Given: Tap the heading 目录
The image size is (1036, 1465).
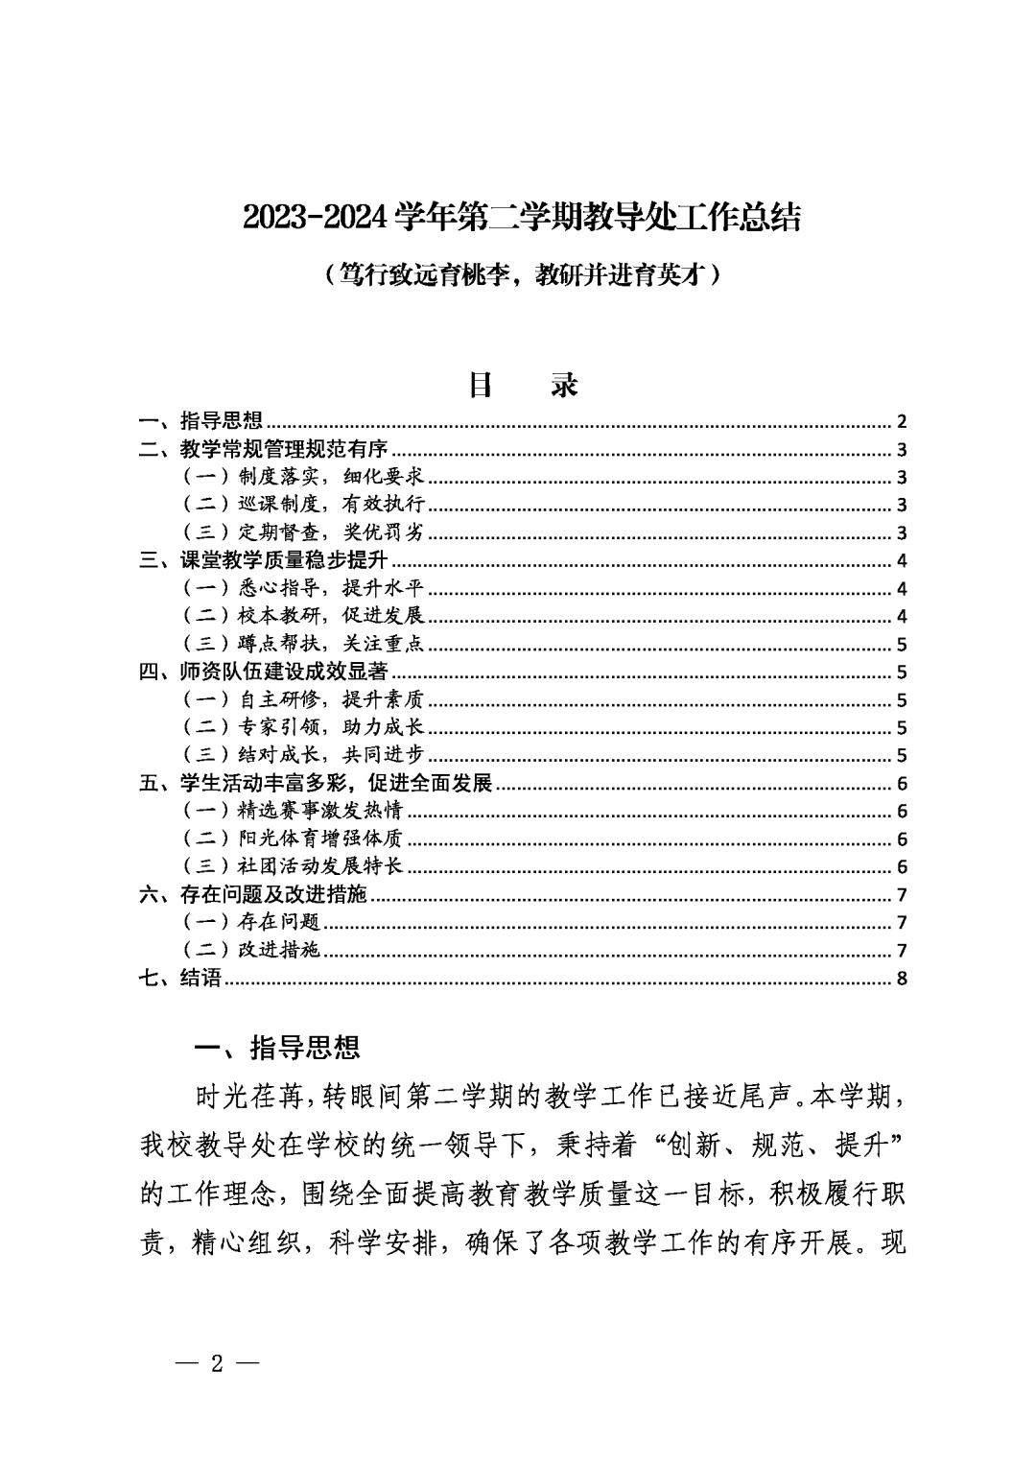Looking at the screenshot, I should coord(523,385).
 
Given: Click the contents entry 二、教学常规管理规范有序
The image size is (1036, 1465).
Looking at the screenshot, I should coord(264,449).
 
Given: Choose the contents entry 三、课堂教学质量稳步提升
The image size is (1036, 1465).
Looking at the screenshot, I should coord(264,560).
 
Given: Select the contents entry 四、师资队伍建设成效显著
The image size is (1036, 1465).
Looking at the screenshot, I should coord(264,672).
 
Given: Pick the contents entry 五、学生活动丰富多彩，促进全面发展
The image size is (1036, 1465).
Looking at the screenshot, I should coord(317,783).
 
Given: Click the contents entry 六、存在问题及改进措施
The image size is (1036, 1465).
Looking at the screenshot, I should coord(254,895).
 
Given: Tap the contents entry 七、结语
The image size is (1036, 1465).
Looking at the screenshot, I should coord(181,979).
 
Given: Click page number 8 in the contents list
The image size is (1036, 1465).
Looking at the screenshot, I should coord(901,979).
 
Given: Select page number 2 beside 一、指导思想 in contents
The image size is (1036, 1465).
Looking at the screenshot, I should coord(901,421).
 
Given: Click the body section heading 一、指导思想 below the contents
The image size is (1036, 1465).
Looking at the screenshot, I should coord(277,1048).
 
